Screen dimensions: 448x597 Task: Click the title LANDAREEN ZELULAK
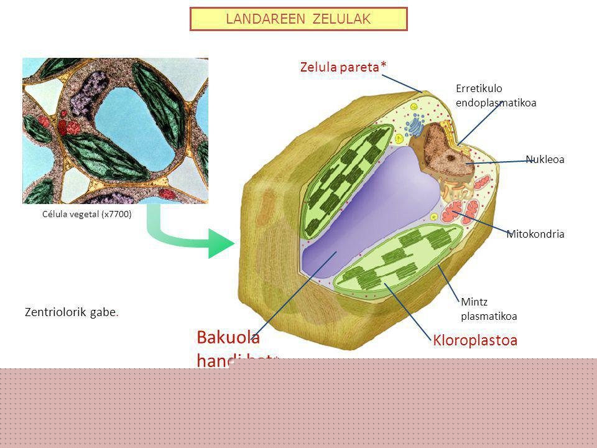point(298,19)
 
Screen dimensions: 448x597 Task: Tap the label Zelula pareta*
point(340,66)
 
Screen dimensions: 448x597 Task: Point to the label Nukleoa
point(545,159)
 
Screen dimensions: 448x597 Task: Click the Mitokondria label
point(535,234)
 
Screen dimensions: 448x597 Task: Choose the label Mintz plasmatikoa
point(489,309)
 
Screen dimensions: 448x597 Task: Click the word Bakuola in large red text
point(228,337)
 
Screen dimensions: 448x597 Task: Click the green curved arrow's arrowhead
point(220,243)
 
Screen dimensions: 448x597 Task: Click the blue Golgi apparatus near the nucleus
point(415,126)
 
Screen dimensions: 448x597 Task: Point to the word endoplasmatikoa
point(496,102)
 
